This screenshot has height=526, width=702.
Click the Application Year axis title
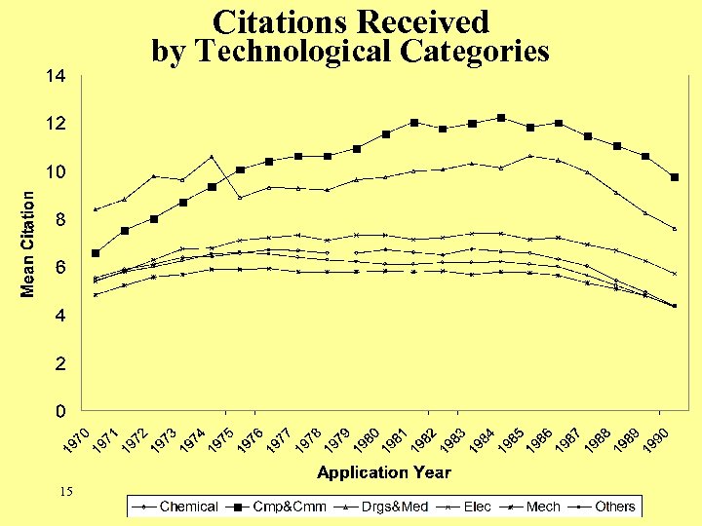tap(383, 472)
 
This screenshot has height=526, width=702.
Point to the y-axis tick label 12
tap(55, 124)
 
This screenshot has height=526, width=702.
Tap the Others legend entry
tap(614, 507)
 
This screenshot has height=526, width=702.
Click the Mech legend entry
tap(542, 507)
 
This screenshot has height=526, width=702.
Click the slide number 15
tap(66, 492)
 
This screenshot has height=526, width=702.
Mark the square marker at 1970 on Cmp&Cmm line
tap(96, 253)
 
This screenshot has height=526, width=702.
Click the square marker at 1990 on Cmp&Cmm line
tap(674, 177)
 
